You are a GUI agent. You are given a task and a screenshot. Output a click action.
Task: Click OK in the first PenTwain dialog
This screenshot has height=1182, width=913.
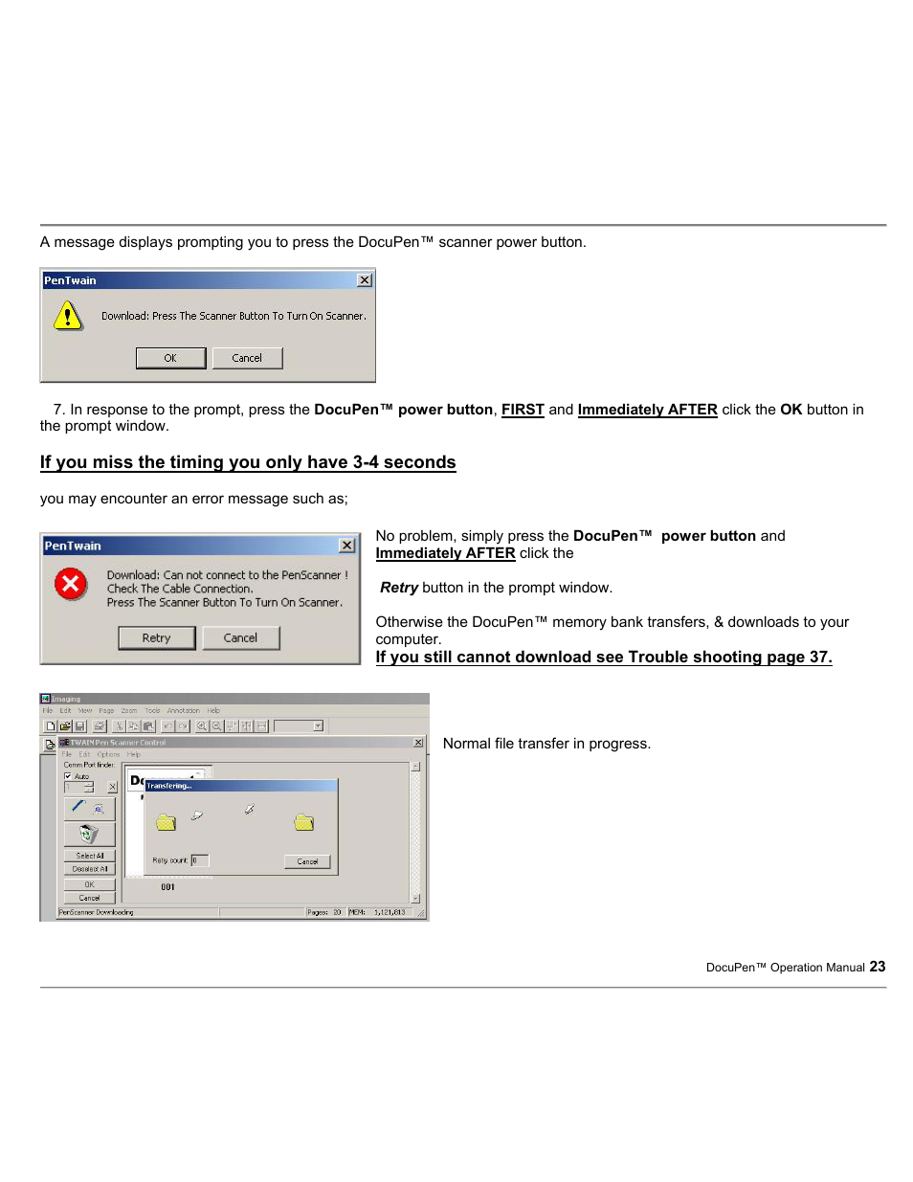(170, 358)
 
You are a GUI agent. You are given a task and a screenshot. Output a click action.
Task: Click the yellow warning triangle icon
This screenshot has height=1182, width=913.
(68, 315)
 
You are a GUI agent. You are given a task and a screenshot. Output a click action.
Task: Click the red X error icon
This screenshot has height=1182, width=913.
(71, 583)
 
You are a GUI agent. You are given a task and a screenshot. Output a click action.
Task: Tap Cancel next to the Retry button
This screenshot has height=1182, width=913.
(240, 638)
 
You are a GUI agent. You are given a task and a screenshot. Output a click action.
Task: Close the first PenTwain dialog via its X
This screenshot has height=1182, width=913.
(365, 280)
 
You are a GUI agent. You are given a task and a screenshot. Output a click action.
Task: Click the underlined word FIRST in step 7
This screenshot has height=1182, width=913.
(523, 410)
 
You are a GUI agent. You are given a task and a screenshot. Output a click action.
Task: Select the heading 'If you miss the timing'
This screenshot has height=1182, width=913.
(247, 462)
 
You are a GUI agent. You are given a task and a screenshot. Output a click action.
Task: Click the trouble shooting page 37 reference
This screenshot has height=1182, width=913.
(603, 657)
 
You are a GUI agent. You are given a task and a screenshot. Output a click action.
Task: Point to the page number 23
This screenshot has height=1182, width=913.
(878, 967)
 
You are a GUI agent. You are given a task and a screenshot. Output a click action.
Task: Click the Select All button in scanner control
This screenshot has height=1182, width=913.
(90, 856)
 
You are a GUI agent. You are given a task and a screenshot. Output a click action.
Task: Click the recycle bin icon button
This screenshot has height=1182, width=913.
(89, 835)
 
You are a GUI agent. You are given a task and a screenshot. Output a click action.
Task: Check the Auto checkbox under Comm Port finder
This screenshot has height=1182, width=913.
(68, 776)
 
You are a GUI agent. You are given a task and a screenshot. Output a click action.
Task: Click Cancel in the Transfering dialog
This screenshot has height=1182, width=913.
(307, 861)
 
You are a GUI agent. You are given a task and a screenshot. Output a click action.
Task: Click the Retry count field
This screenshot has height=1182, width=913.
(199, 860)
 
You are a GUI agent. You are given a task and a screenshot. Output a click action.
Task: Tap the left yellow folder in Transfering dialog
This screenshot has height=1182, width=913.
(167, 822)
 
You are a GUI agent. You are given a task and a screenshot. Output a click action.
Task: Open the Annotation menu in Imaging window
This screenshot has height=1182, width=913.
(183, 711)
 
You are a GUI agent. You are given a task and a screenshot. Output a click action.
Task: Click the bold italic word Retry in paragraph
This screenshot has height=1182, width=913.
(399, 588)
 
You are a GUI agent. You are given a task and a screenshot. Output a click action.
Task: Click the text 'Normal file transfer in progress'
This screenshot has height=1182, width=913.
(546, 744)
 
